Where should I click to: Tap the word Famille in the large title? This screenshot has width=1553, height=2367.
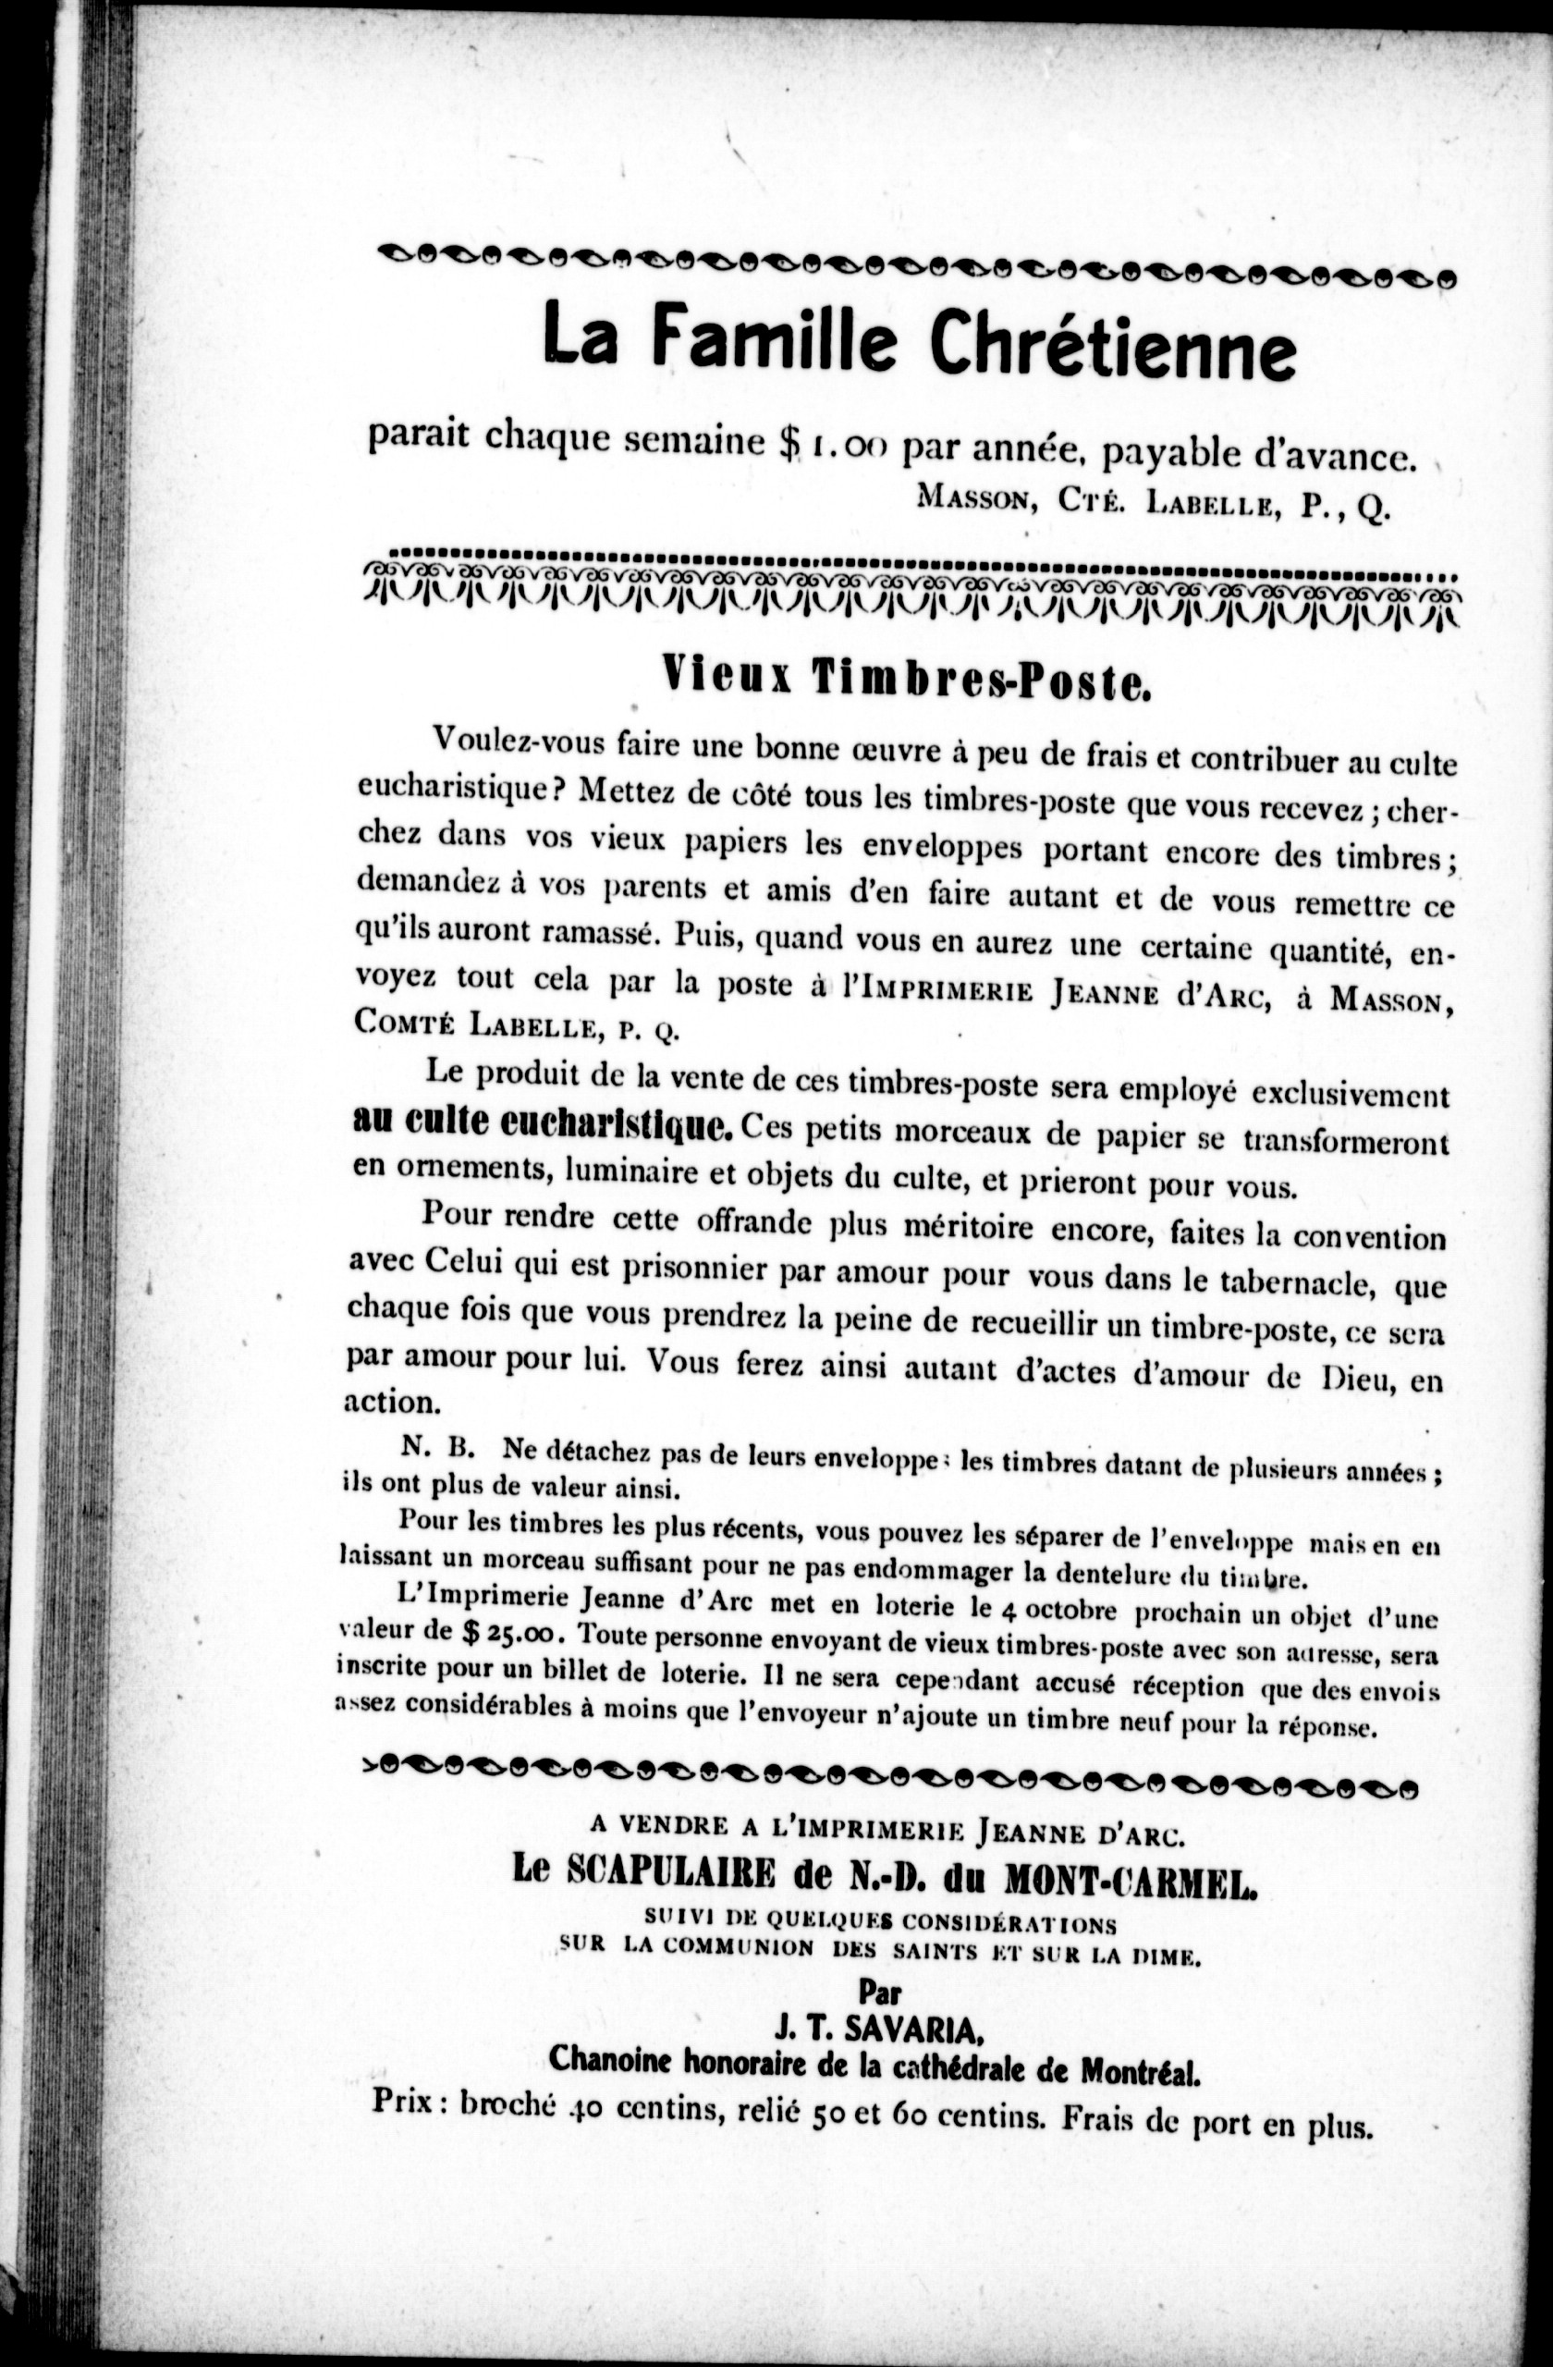tap(775, 338)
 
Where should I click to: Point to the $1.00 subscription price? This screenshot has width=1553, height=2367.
tap(829, 447)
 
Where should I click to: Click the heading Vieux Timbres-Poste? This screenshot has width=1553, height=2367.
tap(906, 681)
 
